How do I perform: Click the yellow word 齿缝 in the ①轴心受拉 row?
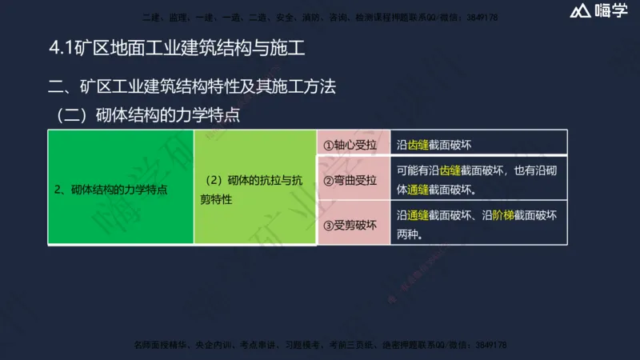click(x=419, y=146)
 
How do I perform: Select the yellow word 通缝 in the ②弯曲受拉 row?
click(x=419, y=190)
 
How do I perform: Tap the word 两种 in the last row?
click(x=408, y=234)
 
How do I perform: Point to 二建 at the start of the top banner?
click(x=148, y=16)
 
